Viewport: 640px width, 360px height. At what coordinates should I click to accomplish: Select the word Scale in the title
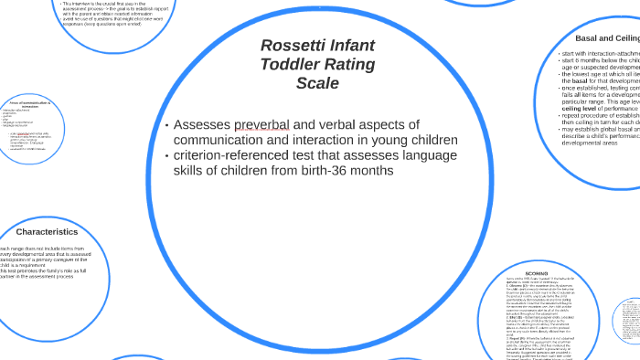pos(317,83)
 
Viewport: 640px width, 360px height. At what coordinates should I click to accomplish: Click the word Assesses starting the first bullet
pos(201,124)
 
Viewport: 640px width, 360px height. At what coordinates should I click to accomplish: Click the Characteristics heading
pos(47,231)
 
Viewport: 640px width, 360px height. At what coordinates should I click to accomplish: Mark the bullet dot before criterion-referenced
pos(166,155)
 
